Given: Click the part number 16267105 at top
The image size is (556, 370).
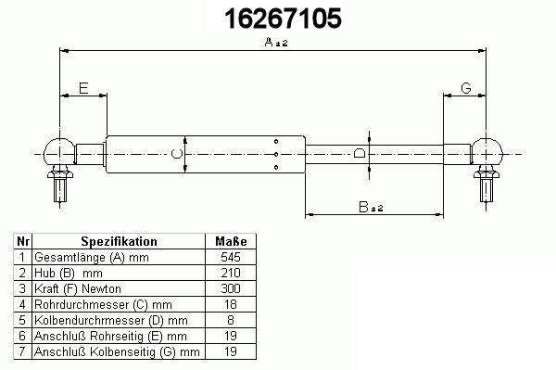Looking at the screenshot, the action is (x=283, y=19).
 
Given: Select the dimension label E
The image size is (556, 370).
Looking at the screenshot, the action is (x=83, y=88).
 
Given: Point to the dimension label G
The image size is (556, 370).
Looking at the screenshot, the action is (x=465, y=88).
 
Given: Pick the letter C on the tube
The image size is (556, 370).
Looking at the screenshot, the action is (x=176, y=154).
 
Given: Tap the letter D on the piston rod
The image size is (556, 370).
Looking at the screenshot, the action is (x=360, y=153).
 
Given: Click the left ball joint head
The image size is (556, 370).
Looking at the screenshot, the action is (x=59, y=152).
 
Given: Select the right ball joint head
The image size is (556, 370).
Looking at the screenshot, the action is (x=486, y=152).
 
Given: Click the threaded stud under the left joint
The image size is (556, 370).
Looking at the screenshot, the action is (x=60, y=189).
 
